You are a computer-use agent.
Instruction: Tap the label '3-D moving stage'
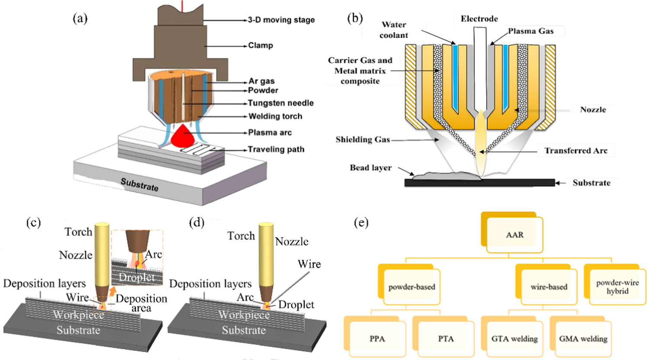281,20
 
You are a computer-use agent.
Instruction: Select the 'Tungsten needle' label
280,103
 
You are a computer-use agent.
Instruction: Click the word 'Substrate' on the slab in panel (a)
139,185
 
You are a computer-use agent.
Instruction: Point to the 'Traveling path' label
276,149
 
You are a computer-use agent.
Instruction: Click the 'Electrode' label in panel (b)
479,19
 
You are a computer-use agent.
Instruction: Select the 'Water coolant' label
394,30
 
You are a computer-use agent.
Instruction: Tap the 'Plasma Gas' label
531,31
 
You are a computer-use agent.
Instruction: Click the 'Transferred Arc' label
576,151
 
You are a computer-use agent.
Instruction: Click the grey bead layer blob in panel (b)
445,175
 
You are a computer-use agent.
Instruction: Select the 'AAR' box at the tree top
515,235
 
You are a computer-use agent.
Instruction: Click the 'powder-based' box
412,287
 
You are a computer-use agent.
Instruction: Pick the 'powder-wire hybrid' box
617,287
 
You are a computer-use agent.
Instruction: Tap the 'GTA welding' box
514,339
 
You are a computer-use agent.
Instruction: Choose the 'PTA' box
446,339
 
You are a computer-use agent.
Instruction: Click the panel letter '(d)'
197,222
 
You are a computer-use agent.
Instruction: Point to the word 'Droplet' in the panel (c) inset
137,277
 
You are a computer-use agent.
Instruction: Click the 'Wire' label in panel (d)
309,264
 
